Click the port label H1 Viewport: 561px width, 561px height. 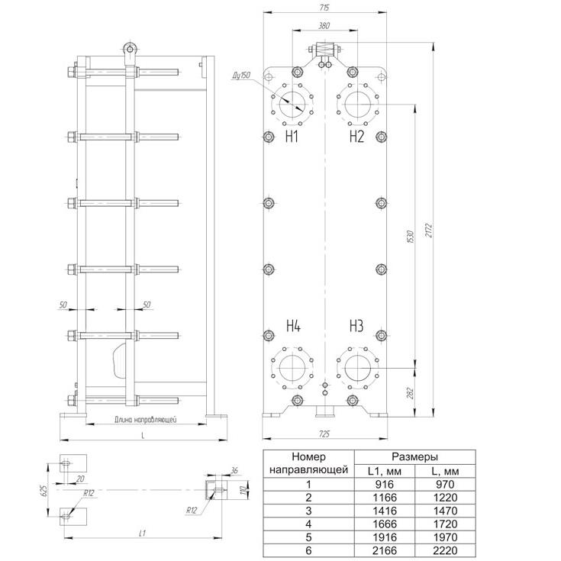(x=292, y=137)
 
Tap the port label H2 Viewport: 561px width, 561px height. (x=356, y=137)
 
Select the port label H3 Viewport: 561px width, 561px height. (x=356, y=326)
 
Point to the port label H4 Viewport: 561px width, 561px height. (x=293, y=326)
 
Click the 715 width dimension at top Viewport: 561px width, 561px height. (x=325, y=8)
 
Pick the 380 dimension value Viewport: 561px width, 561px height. (x=324, y=26)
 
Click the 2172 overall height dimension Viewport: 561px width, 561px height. (x=429, y=230)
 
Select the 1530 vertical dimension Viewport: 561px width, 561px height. (x=411, y=237)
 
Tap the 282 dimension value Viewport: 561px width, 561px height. (x=411, y=393)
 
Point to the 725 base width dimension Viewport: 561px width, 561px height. (x=324, y=434)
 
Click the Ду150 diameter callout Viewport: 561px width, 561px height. (x=241, y=76)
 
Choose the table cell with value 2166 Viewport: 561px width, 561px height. (x=385, y=550)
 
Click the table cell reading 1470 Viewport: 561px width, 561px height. (x=445, y=511)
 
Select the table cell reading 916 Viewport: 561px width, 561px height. (x=385, y=484)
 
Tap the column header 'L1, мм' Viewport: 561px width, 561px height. (x=385, y=471)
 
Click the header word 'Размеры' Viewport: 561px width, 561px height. (x=414, y=456)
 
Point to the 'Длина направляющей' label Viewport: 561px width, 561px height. (x=145, y=419)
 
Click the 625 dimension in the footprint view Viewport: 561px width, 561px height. (x=42, y=490)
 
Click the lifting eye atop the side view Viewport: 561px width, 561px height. (x=130, y=49)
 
